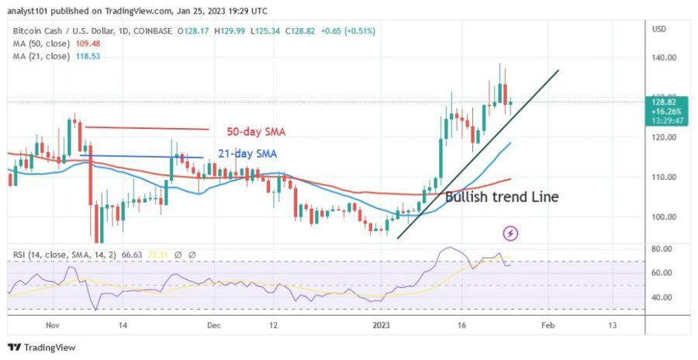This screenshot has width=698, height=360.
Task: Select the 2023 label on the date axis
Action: (x=380, y=326)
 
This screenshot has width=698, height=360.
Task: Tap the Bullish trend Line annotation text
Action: (x=501, y=197)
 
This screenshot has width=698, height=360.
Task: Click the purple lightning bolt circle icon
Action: (x=511, y=233)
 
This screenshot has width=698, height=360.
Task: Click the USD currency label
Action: (x=659, y=29)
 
